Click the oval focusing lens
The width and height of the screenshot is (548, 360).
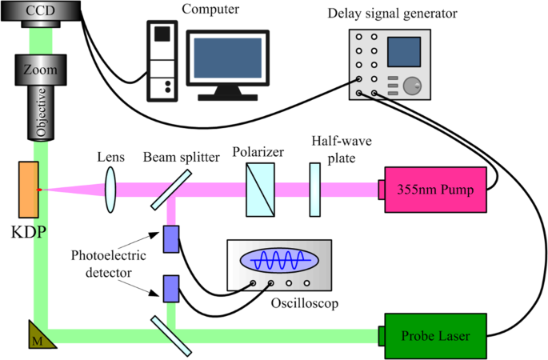point(110,190)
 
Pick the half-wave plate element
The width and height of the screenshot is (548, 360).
point(316,190)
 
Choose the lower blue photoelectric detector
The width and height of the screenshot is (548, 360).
point(171,288)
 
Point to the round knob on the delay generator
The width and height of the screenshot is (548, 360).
point(413,86)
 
